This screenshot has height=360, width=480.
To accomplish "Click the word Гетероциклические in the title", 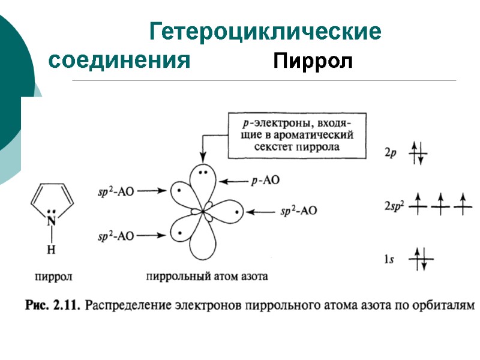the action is (265, 32).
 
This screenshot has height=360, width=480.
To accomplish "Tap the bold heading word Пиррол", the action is (312, 61).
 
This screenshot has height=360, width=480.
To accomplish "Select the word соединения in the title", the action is (119, 61).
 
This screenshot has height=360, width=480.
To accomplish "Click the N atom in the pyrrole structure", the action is (52, 221).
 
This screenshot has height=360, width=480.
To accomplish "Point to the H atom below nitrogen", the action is (52, 250).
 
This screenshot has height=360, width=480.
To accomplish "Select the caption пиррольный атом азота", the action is (206, 277).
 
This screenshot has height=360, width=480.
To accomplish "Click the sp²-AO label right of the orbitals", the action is (299, 211).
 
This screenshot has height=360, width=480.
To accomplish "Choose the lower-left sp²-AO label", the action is (116, 236).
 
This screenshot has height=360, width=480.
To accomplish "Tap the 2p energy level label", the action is (391, 153).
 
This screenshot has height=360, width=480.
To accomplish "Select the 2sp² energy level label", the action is (394, 207).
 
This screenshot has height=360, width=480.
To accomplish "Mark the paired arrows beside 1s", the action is (420, 259).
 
